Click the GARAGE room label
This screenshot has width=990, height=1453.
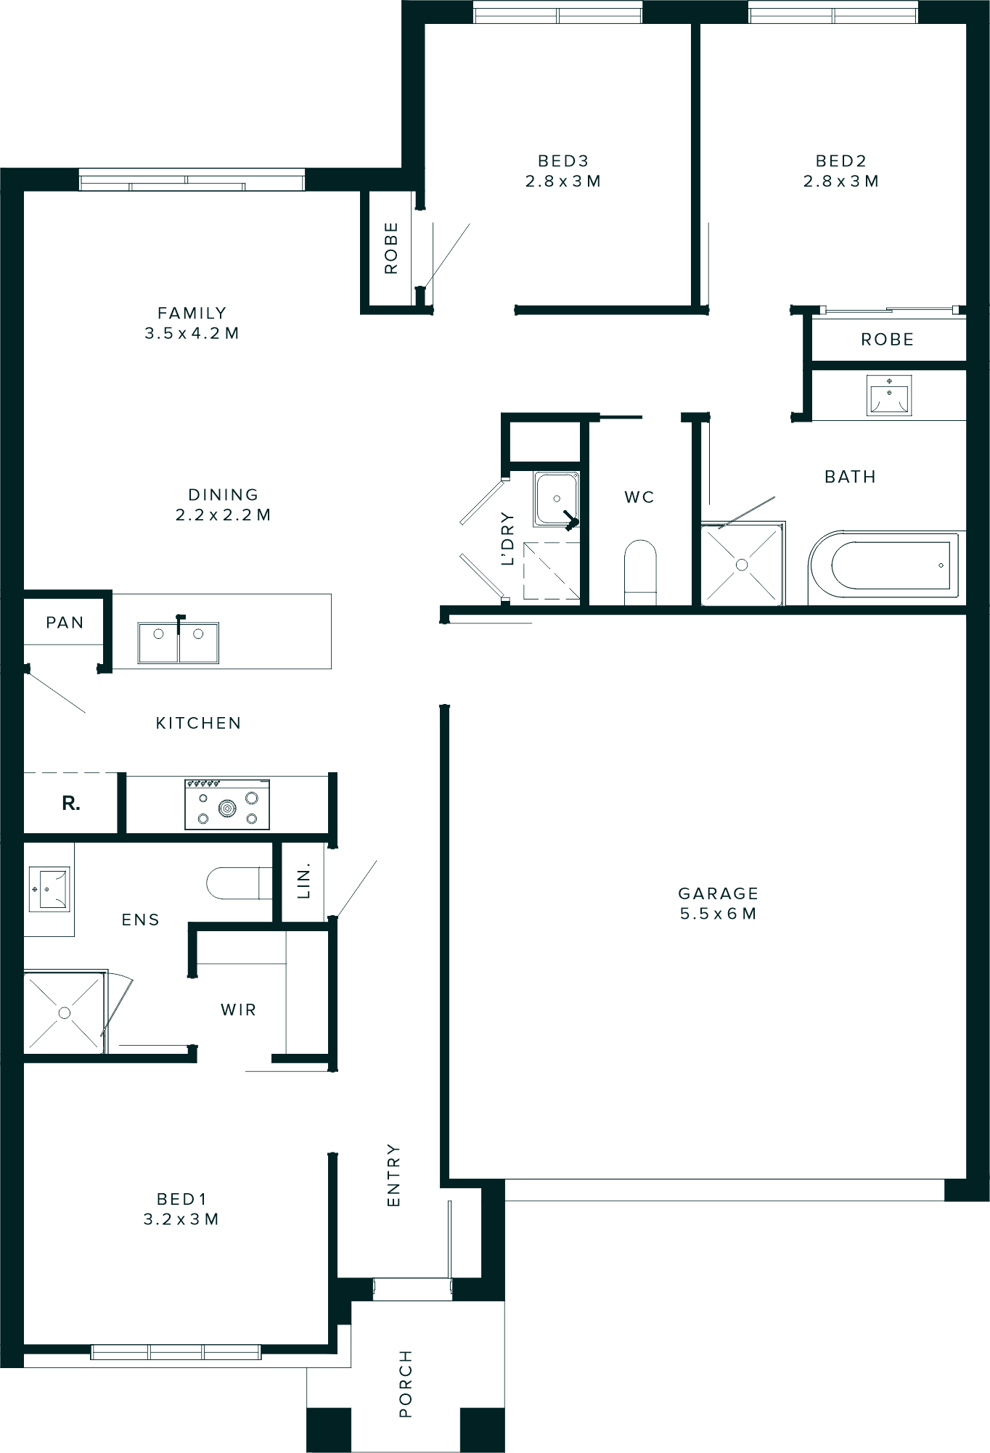(x=718, y=893)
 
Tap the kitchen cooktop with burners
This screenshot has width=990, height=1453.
(x=227, y=804)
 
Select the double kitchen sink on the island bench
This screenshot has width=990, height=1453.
(x=179, y=642)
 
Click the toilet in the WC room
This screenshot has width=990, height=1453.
(x=640, y=570)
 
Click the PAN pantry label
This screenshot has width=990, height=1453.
(x=65, y=623)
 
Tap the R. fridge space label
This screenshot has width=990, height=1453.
(x=71, y=803)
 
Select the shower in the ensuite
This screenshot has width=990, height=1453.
(x=64, y=1012)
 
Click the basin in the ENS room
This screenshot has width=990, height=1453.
(x=49, y=888)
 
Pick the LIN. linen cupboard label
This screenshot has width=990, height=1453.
(x=304, y=881)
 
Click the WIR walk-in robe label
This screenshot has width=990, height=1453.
(x=238, y=1010)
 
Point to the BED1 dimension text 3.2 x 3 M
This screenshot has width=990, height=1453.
(x=181, y=1219)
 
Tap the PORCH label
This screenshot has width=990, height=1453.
(x=406, y=1383)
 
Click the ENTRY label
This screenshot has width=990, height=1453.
(x=393, y=1175)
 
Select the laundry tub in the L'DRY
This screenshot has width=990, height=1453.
(x=557, y=499)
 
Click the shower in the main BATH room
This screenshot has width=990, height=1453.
(x=742, y=564)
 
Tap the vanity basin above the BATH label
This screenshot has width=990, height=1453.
(x=889, y=395)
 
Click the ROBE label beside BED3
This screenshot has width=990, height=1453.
(x=391, y=248)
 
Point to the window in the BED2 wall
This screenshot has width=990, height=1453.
(x=833, y=12)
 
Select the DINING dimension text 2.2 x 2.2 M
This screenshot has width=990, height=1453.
(x=223, y=515)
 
